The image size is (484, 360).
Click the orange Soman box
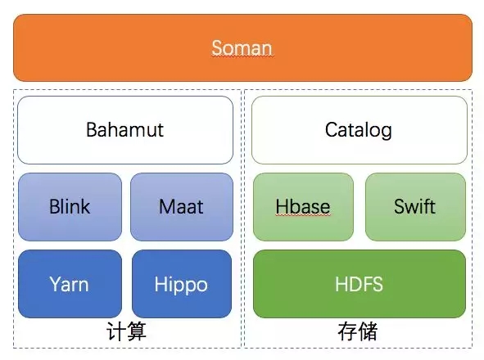[242, 47]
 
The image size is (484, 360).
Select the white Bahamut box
[125, 130]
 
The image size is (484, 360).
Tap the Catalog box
[360, 130]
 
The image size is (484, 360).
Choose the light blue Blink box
[70, 207]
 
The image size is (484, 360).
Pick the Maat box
[182, 207]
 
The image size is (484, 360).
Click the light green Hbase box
[304, 207]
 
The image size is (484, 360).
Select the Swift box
[415, 207]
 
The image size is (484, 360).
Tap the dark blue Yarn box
[70, 284]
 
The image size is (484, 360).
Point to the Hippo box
[182, 284]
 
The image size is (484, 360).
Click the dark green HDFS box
[360, 284]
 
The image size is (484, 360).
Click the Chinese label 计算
[126, 331]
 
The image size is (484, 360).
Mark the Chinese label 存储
[357, 331]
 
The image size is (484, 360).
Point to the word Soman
[242, 48]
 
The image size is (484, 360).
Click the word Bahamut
[124, 129]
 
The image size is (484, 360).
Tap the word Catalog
[359, 130]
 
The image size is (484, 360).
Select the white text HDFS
[359, 284]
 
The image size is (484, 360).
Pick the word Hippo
[181, 286]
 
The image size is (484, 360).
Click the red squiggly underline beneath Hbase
[303, 215]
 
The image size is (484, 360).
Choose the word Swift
[414, 206]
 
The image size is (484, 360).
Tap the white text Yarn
[69, 284]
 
